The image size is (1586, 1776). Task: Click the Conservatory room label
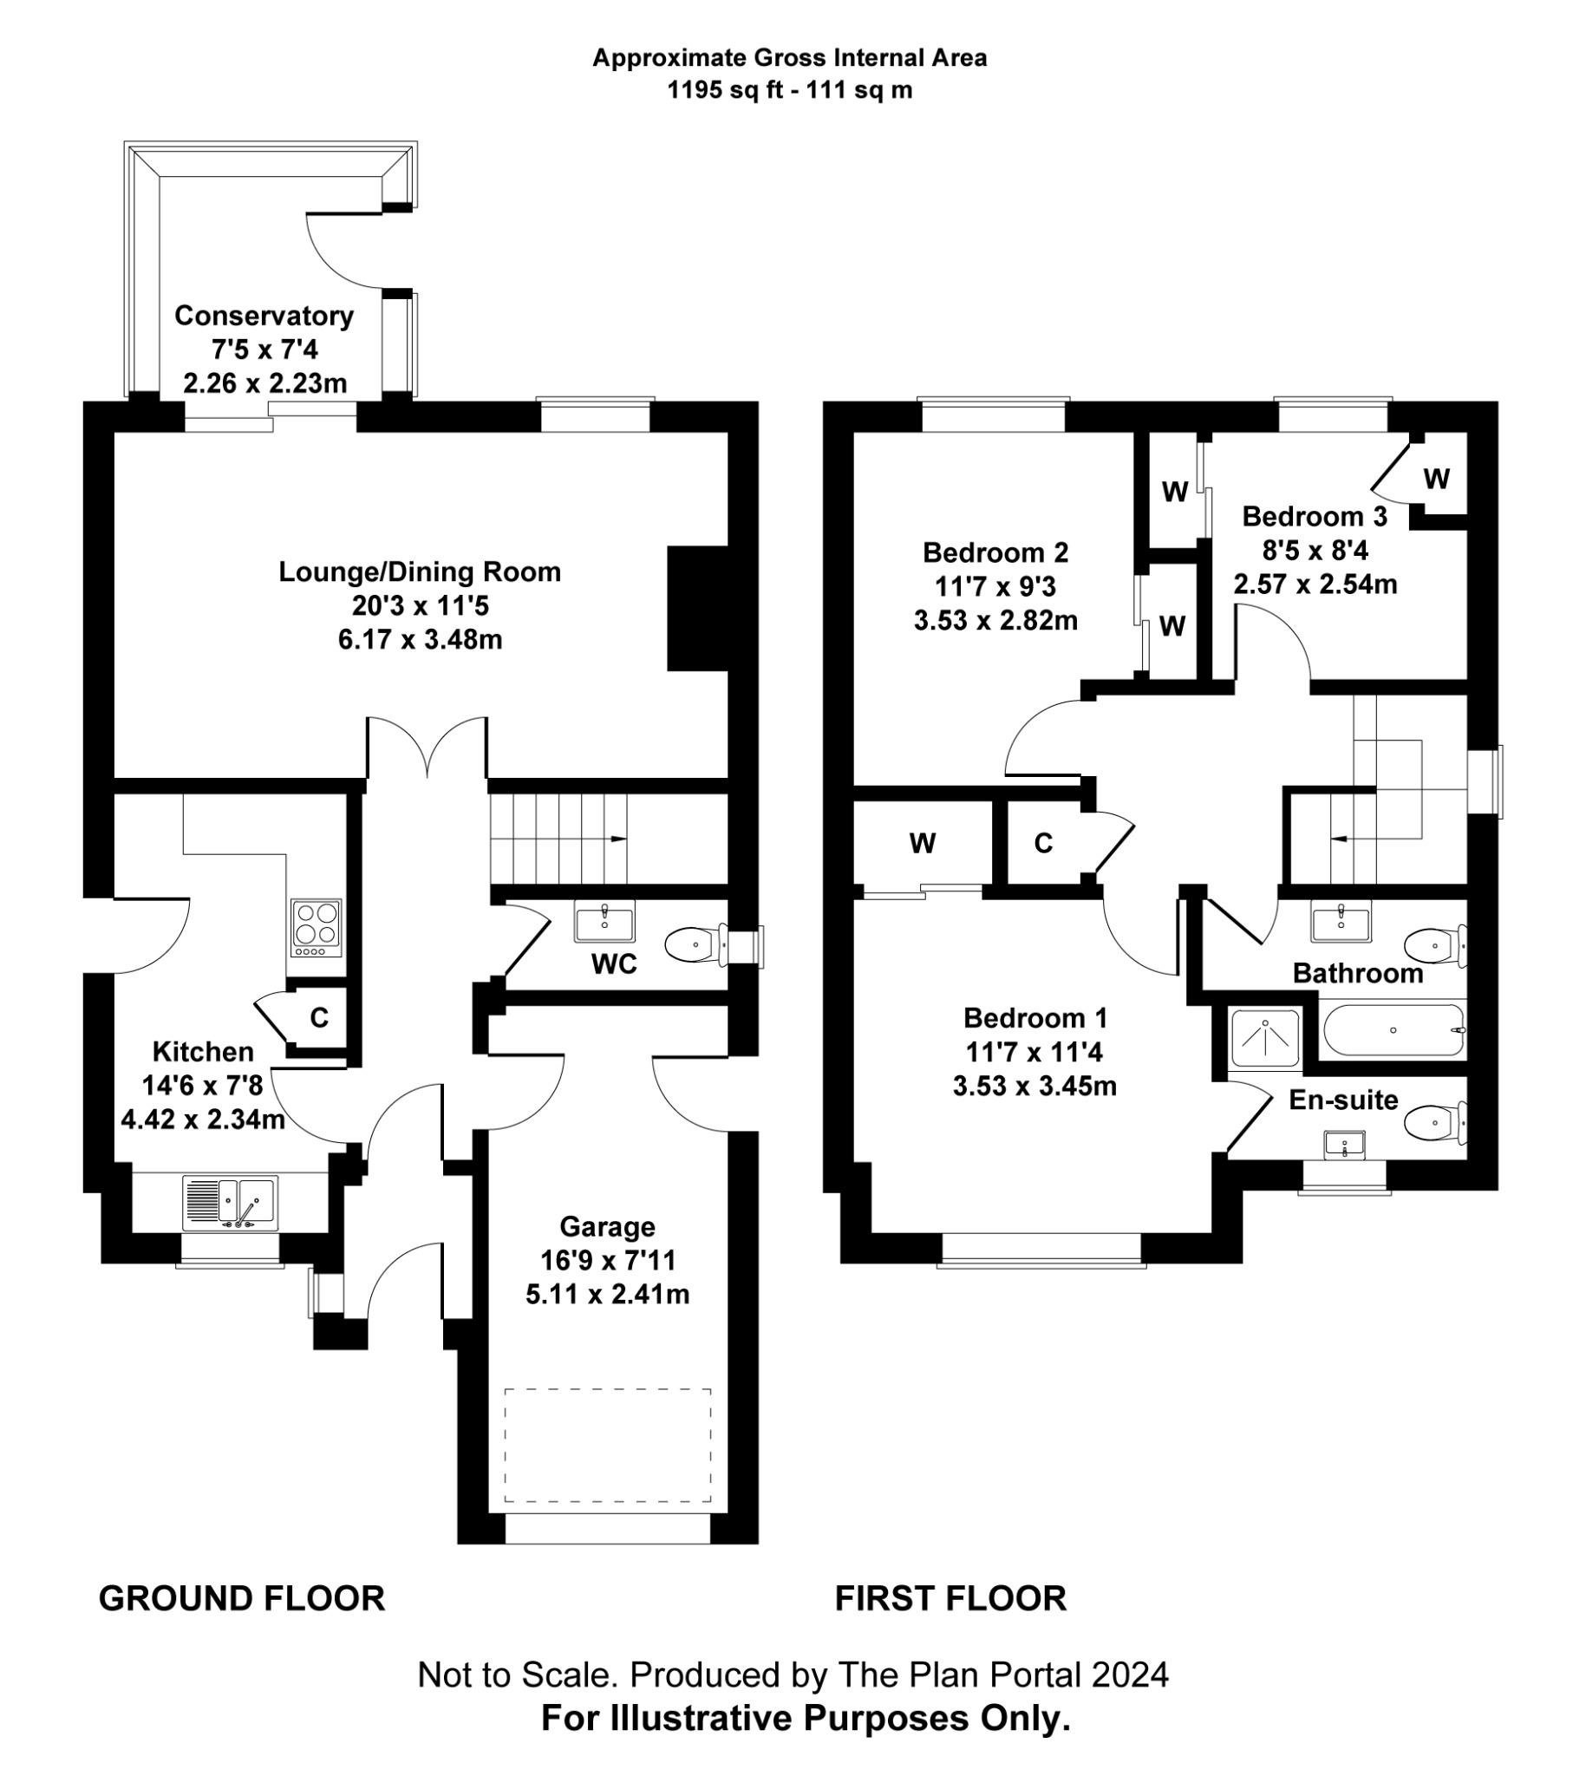click(264, 316)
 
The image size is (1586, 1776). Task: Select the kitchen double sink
click(231, 1202)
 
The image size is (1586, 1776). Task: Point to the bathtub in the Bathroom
click(1392, 1030)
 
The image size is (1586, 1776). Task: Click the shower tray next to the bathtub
click(1265, 1038)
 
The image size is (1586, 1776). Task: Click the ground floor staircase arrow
click(618, 839)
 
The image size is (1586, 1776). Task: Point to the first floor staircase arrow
click(1340, 839)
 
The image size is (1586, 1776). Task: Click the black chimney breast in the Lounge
click(697, 608)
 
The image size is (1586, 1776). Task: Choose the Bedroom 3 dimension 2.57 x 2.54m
click(1314, 584)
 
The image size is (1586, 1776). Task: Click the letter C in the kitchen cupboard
click(319, 1017)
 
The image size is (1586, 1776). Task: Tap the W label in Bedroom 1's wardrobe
click(922, 843)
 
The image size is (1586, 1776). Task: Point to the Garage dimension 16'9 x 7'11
click(607, 1260)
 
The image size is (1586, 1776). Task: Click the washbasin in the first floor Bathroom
click(1341, 920)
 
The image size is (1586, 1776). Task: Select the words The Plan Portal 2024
click(1003, 1674)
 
